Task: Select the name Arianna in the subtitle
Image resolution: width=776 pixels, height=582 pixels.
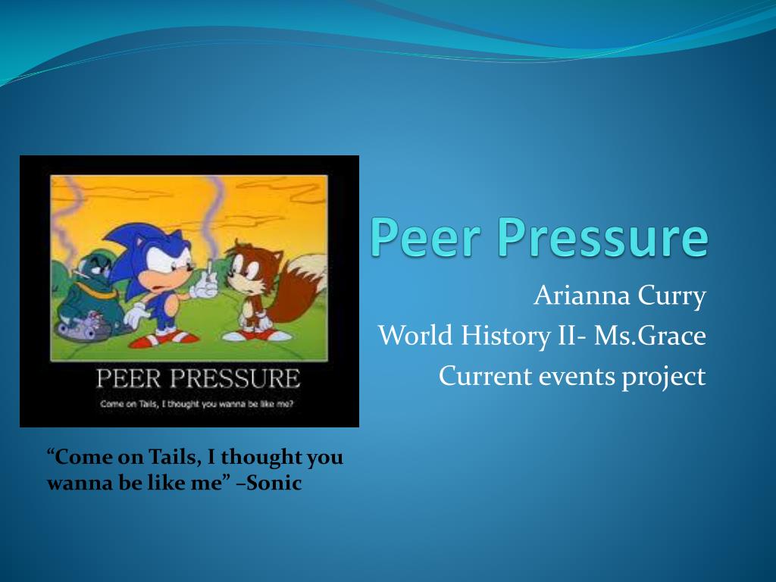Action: click(x=581, y=296)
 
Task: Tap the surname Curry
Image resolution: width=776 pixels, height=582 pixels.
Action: click(x=671, y=297)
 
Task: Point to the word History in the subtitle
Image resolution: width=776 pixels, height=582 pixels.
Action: click(x=505, y=336)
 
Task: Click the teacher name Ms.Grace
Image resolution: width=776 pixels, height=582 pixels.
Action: click(x=649, y=336)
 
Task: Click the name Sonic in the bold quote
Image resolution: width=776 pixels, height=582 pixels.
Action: click(x=274, y=482)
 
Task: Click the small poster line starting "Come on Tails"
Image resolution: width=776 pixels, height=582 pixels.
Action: click(x=196, y=404)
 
